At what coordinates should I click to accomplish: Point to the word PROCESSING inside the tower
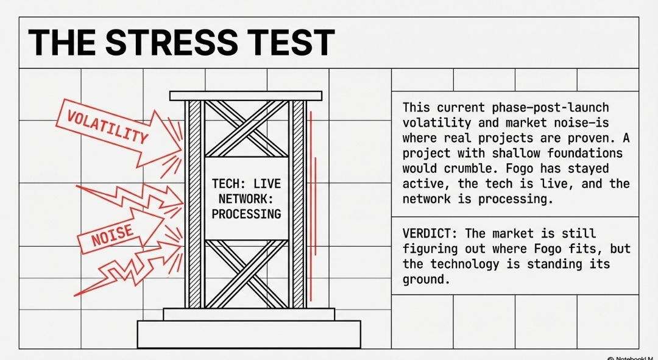pos(247,214)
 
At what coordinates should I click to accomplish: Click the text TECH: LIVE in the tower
pos(246,183)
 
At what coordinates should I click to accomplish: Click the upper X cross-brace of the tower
pos(247,129)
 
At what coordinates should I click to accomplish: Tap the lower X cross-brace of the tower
pos(247,274)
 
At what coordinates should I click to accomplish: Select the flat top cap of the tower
pos(246,96)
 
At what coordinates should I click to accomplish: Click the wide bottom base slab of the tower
pos(249,334)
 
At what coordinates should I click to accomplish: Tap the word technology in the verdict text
pos(466,264)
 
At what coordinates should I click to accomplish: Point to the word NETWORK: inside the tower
pos(246,199)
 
